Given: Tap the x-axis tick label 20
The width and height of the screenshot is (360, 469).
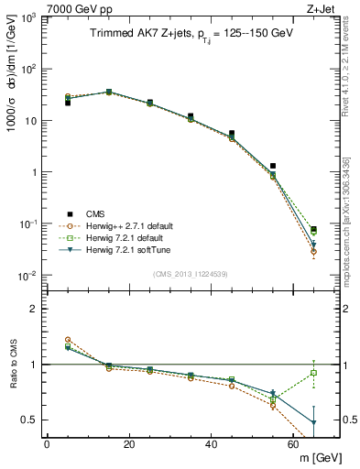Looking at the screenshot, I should coord(128,444).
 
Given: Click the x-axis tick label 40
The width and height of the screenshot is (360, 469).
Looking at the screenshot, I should coord(211,444).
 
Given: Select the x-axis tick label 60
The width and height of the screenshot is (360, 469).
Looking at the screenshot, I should coord(293,444).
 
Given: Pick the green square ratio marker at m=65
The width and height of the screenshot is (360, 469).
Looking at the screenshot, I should coord(314,373).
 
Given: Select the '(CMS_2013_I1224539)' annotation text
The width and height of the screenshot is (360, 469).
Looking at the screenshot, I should coord(190,273).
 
